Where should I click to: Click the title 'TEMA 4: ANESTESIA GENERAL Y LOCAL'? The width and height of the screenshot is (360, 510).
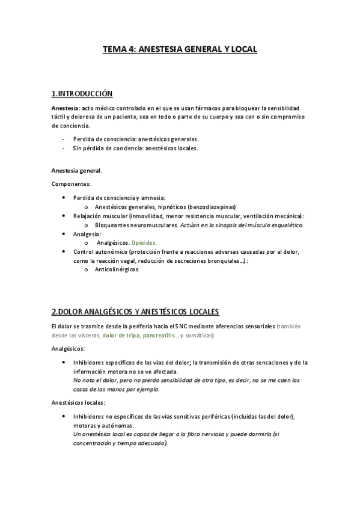click(180, 51)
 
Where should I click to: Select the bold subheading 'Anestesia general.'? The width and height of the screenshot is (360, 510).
click(76, 171)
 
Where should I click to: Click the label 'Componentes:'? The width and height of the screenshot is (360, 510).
click(71, 184)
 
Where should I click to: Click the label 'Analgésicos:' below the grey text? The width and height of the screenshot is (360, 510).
click(68, 349)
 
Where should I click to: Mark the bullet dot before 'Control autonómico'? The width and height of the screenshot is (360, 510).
click(64, 251)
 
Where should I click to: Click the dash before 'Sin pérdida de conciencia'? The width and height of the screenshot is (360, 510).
click(64, 148)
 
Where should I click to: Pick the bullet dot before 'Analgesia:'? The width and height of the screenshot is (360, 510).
click(64, 233)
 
